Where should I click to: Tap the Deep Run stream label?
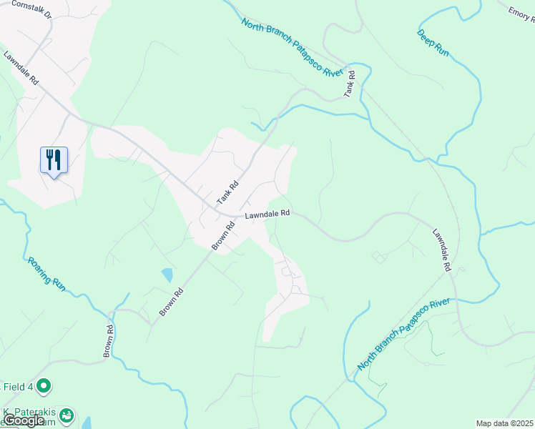coord(433,44)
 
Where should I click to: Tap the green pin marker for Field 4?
coord(44,386)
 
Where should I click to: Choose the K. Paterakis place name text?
coord(29,413)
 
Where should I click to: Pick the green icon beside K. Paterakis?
coord(67,414)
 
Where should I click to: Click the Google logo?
coord(24,420)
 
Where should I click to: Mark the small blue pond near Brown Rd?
coord(167,275)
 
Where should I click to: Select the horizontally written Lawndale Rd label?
coord(267,213)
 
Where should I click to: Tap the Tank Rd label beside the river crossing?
coord(350,84)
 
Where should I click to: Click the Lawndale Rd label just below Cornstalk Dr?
coord(21,69)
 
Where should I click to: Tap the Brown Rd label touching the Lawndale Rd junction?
coord(223,237)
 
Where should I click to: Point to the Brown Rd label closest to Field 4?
coord(109,342)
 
